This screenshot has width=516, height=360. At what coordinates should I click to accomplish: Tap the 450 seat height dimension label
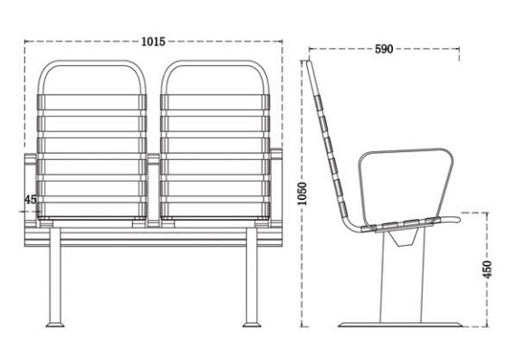[x=487, y=269]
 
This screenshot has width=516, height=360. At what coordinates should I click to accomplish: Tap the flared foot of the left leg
[x=55, y=322]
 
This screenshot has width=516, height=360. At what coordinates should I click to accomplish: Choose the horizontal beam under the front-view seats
[x=151, y=234]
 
